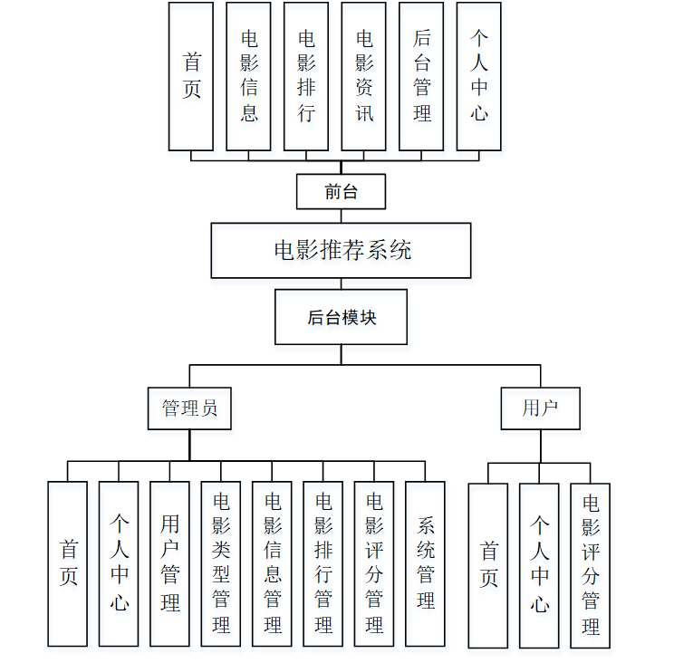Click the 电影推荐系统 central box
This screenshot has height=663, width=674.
click(x=341, y=250)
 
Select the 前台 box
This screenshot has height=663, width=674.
click(x=341, y=191)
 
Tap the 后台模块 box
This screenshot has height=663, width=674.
click(x=341, y=317)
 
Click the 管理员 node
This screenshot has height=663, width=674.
click(x=189, y=408)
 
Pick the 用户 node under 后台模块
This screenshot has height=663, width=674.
click(x=540, y=408)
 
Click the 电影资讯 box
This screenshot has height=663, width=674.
click(x=363, y=76)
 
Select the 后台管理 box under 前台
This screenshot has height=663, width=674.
click(x=421, y=76)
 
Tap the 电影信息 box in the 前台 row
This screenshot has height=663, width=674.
click(x=248, y=76)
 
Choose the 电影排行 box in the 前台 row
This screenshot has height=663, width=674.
click(x=306, y=76)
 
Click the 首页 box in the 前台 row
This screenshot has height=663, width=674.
click(x=191, y=76)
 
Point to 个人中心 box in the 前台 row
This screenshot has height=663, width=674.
click(x=478, y=76)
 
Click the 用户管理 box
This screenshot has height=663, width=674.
click(x=169, y=563)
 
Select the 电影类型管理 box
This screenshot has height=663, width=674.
click(x=221, y=563)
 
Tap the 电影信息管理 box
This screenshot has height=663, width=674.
click(x=272, y=563)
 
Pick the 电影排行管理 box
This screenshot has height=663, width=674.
click(x=323, y=563)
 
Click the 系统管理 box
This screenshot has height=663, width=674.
click(x=425, y=563)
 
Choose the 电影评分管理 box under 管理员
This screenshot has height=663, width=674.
click(x=373, y=563)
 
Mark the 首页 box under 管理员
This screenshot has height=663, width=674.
click(x=68, y=563)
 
